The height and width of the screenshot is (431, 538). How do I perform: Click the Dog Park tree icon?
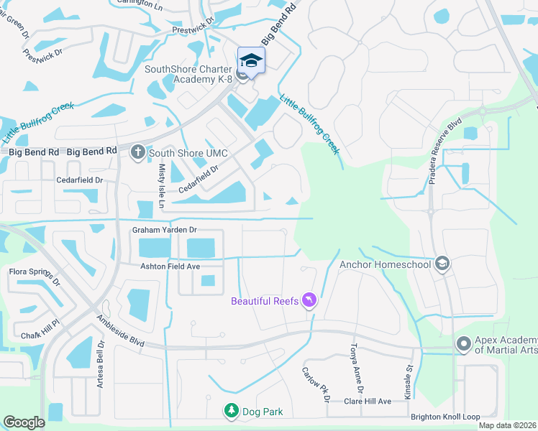point(232,411)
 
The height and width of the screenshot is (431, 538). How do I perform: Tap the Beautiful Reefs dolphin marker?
point(309,300)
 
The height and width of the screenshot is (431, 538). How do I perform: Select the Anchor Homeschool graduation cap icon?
point(442,264)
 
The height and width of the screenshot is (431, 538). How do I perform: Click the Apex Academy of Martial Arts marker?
point(464,344)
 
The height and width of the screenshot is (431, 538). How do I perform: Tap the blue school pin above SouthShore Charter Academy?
point(251,60)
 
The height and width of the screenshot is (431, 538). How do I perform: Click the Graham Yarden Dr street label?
point(164,230)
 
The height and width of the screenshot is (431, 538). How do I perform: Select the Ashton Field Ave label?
point(169,266)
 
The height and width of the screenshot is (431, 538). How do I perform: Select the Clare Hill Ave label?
point(367,401)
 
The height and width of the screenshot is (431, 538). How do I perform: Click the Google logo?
point(24,422)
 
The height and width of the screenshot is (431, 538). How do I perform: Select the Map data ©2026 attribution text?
point(507,426)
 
